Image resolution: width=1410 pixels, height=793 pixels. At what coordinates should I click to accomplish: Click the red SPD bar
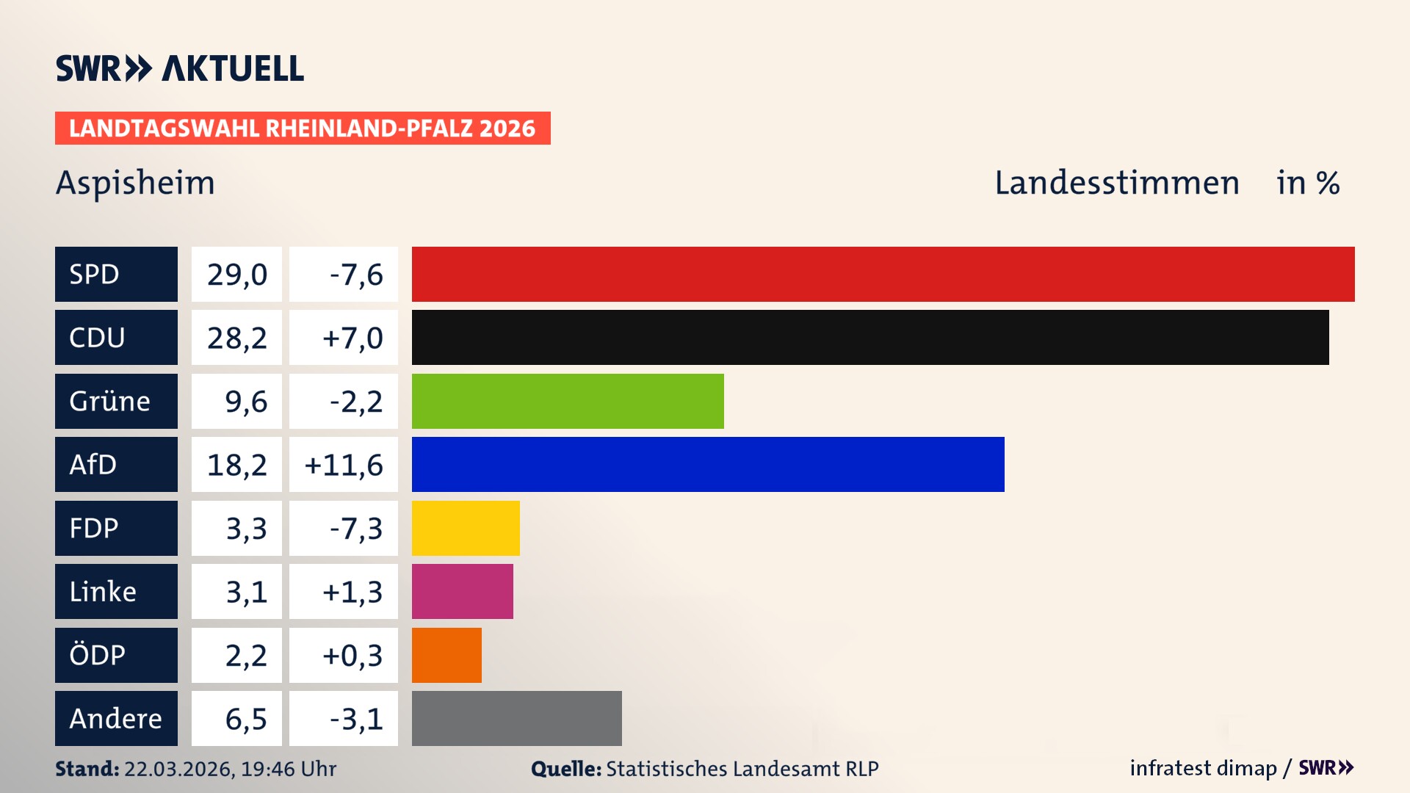click(x=883, y=274)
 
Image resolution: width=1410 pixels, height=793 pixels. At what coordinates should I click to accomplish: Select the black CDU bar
click(x=870, y=337)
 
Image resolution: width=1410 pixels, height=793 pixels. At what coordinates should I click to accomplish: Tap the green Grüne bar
click(x=568, y=401)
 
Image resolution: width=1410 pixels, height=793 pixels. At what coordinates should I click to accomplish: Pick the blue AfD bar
click(x=708, y=464)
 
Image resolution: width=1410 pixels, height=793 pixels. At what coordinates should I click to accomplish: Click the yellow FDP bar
click(x=466, y=528)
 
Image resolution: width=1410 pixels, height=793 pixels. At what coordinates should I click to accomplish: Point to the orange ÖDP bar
click(x=446, y=655)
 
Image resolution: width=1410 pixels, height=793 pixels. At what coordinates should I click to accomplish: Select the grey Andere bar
click(x=516, y=718)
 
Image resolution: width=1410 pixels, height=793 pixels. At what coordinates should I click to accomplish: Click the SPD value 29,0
click(x=236, y=274)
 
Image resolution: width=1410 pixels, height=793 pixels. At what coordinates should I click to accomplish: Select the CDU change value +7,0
click(x=352, y=338)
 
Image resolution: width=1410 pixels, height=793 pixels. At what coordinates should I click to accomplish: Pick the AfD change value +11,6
click(x=343, y=465)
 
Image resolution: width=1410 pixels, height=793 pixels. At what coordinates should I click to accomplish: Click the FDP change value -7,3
click(x=355, y=528)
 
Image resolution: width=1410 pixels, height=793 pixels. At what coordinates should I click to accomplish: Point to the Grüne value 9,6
click(x=245, y=402)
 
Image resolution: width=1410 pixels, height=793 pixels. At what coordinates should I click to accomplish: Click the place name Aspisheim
click(x=135, y=183)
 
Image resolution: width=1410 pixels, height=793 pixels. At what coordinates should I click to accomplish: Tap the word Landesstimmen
click(x=1116, y=183)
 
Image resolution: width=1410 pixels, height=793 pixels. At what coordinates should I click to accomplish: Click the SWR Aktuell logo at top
click(x=179, y=68)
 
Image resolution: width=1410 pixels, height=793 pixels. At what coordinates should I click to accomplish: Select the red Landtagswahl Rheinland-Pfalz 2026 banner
click(x=302, y=128)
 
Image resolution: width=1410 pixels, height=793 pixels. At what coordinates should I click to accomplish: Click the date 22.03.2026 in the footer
click(x=178, y=769)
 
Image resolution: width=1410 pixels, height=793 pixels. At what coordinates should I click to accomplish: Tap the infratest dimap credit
click(x=1202, y=768)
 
